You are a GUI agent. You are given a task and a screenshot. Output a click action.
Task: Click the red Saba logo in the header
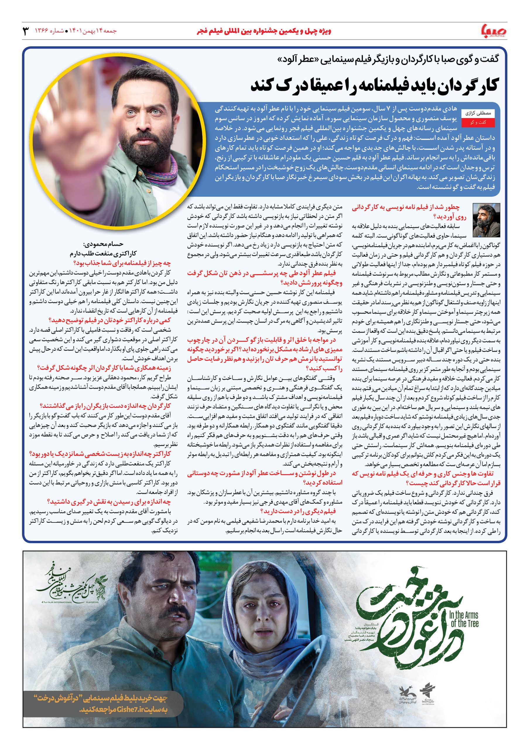pyautogui.click(x=494, y=31)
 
